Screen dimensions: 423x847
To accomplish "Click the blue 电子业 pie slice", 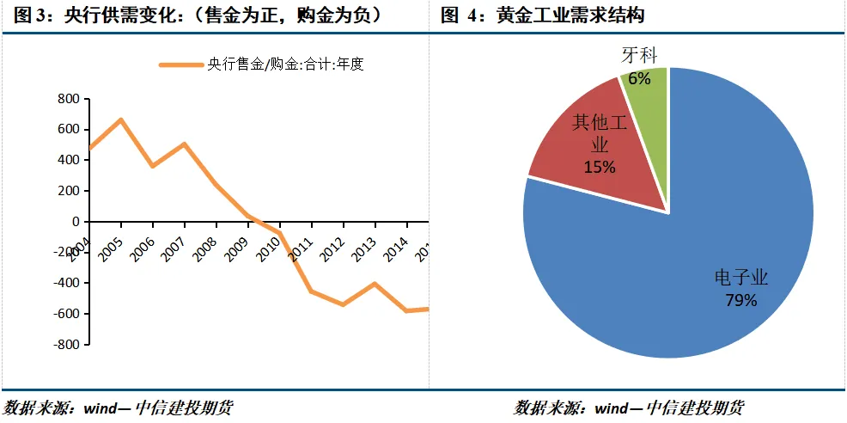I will click(x=687, y=258).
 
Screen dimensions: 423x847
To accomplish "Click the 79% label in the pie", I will click(x=741, y=300).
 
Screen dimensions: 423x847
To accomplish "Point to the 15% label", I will click(x=600, y=167).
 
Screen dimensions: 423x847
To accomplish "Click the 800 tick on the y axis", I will click(x=68, y=99).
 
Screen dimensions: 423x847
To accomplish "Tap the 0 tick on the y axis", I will click(x=75, y=222).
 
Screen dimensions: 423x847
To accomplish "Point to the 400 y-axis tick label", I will click(x=68, y=160).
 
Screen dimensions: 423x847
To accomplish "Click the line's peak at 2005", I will click(x=121, y=120).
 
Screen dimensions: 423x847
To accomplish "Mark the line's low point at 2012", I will click(x=343, y=304).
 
